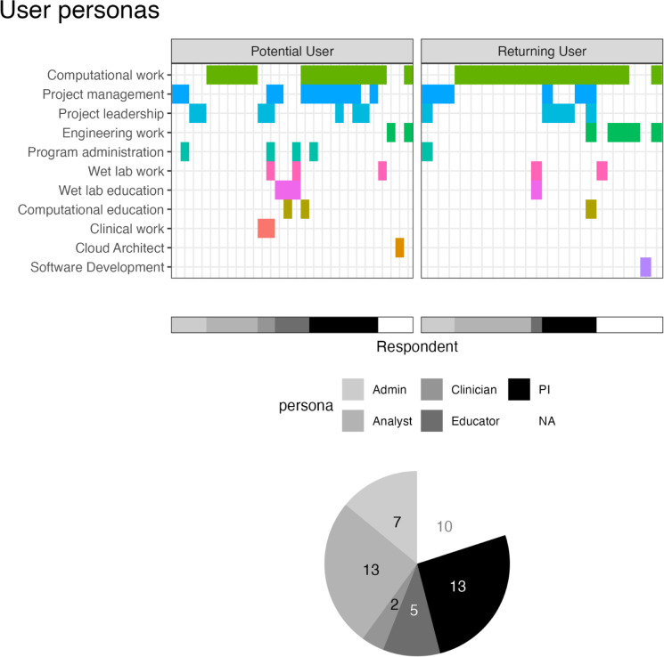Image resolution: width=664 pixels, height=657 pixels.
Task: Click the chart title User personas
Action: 80,12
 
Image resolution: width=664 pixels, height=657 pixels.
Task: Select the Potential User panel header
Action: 291,51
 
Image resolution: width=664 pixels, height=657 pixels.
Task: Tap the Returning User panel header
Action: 541,51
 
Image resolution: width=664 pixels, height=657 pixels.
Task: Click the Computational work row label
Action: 106,75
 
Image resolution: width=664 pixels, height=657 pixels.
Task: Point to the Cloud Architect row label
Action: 119,247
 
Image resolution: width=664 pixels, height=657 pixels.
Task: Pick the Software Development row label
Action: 97,267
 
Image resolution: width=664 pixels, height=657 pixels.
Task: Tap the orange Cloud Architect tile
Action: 399,247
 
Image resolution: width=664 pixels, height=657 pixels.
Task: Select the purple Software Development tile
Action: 645,267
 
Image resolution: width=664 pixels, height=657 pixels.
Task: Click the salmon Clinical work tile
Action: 266,229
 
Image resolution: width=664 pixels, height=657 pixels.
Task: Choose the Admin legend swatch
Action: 354,389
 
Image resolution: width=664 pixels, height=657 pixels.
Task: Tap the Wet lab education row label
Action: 111,191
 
